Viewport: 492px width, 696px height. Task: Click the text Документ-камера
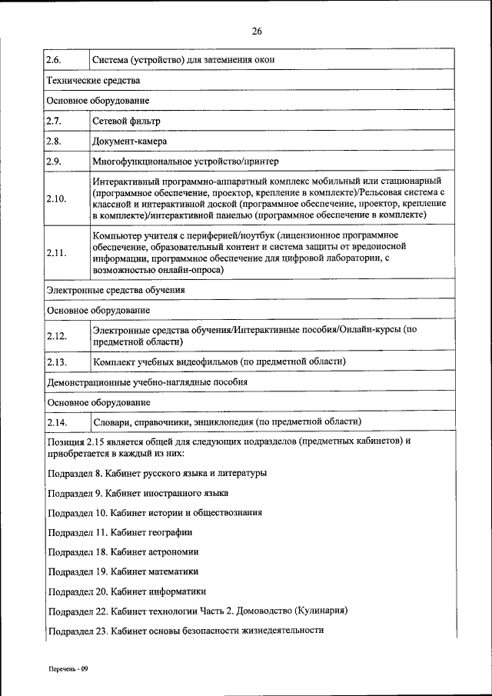(x=130, y=142)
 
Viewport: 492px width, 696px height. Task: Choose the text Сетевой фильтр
(x=126, y=122)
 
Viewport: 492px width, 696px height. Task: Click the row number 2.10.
(x=56, y=198)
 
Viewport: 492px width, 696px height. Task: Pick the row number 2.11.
(x=56, y=252)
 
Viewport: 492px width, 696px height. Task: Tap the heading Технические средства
(x=93, y=80)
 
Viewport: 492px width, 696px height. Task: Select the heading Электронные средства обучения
(x=115, y=291)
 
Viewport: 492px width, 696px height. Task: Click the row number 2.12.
(x=56, y=335)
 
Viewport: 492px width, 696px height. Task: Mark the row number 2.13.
(x=56, y=361)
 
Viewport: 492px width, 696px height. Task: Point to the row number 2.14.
(x=56, y=422)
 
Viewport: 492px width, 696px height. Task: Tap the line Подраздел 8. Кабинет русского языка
(x=157, y=473)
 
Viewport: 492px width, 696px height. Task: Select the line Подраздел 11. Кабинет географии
(x=119, y=532)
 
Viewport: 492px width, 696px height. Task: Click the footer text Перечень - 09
(x=65, y=668)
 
